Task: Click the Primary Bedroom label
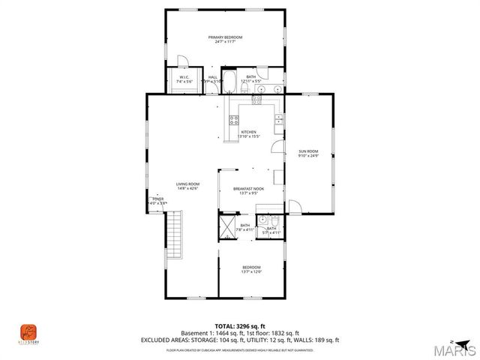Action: pos(224,37)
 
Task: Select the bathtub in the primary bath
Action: pos(230,82)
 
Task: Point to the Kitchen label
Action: pos(247,132)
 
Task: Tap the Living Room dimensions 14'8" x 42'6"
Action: pos(187,188)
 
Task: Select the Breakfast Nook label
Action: pos(247,189)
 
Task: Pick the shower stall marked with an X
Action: pos(227,227)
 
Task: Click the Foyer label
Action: pos(157,199)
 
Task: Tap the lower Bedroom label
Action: pos(251,267)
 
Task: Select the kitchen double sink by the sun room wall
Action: pos(279,121)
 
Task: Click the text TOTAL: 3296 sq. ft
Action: pos(239,326)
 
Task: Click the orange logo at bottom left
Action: pos(28,330)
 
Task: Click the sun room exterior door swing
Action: pos(295,205)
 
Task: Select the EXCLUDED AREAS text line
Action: pos(239,340)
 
